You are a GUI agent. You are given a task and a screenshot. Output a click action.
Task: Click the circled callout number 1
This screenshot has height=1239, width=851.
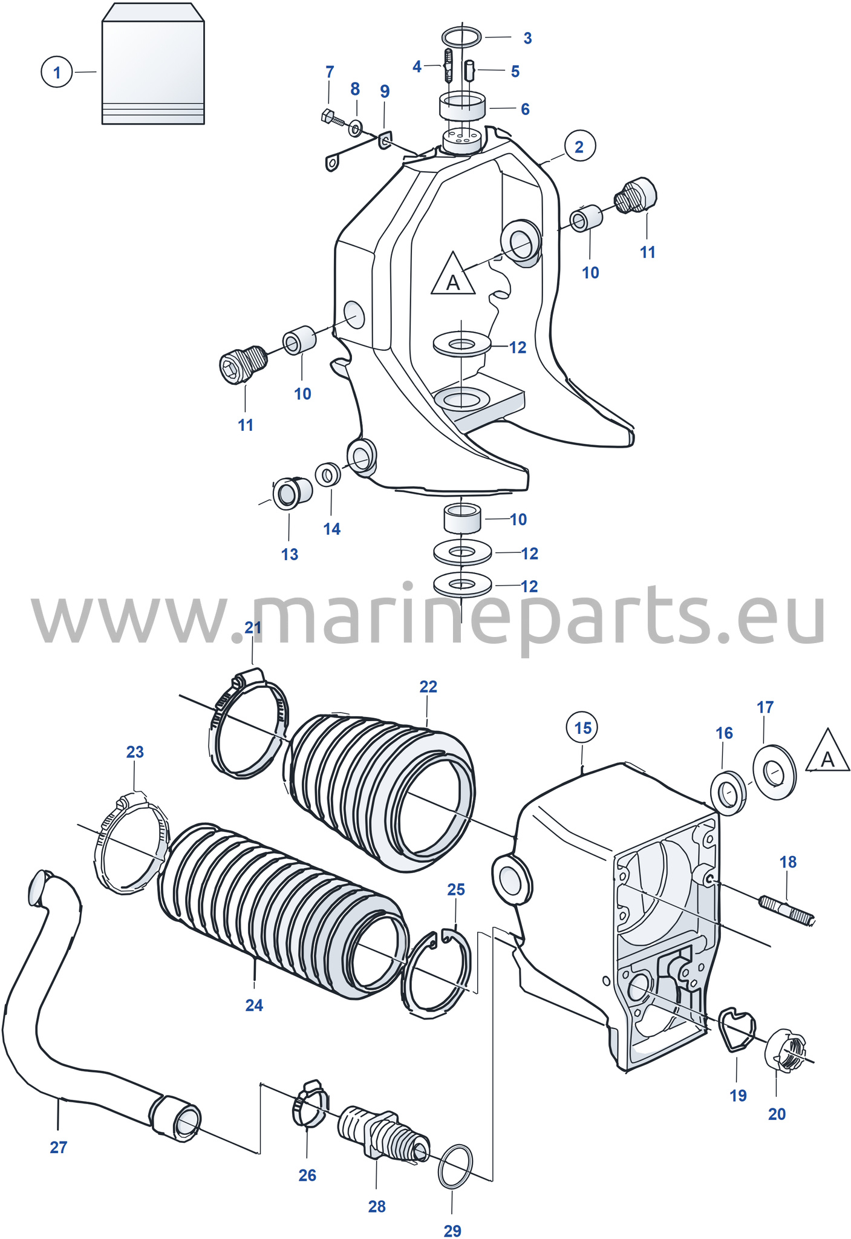coord(57,72)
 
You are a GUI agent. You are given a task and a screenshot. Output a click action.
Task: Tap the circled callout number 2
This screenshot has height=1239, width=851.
coord(579,146)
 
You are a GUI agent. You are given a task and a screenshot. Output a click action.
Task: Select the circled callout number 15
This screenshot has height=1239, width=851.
coord(582,727)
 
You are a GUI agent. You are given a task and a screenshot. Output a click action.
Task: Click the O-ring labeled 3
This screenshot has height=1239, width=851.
coord(462,37)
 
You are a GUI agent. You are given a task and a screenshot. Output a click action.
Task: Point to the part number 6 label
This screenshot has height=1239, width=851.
coord(525,109)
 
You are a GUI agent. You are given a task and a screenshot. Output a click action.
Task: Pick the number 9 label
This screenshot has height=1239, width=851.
coord(385,91)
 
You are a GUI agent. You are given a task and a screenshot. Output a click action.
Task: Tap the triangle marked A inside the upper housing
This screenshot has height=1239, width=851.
coord(453,275)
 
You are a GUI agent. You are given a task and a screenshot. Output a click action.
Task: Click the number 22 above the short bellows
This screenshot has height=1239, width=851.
coord(428,687)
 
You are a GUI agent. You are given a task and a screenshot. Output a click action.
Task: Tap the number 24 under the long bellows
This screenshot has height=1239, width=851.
coord(254,1005)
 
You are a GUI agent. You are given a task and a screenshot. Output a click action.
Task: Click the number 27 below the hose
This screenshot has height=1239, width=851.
coord(59,1147)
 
